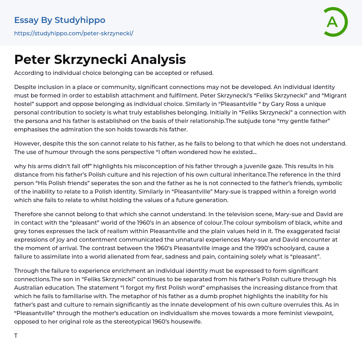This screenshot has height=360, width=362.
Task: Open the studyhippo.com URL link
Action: (x=74, y=34)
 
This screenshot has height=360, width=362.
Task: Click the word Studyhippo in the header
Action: (x=80, y=20)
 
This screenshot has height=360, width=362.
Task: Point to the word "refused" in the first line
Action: (x=202, y=73)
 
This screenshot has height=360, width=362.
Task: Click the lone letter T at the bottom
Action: (x=16, y=336)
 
